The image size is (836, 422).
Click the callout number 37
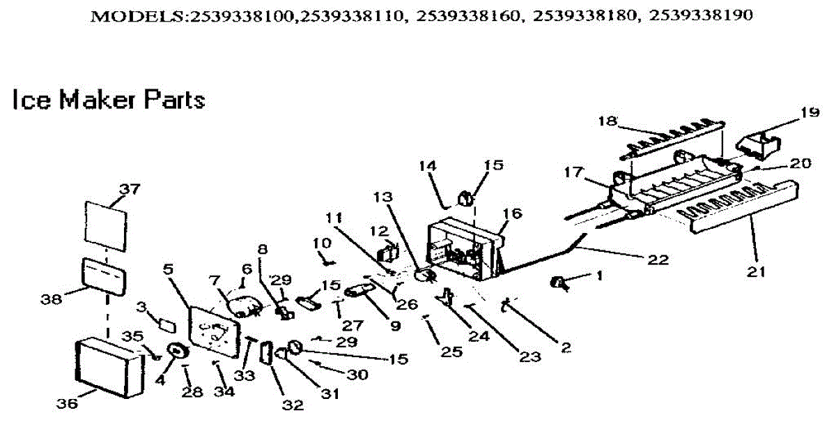click(x=130, y=188)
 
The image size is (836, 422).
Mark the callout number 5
click(x=167, y=267)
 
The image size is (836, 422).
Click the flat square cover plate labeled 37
click(x=107, y=225)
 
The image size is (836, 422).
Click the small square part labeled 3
click(x=166, y=323)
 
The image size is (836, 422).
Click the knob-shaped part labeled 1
click(x=559, y=282)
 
